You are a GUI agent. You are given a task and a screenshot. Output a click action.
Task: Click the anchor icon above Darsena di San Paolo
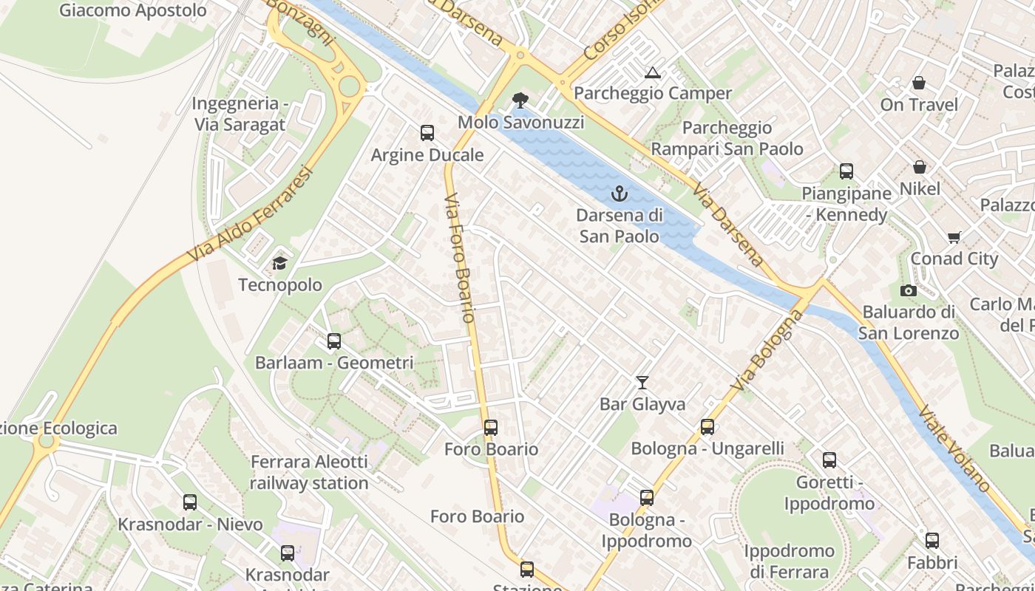coord(620,194)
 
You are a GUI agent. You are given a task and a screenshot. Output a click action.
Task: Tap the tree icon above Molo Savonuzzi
coord(520,100)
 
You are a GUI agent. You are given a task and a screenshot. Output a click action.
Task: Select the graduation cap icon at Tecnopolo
coord(279,263)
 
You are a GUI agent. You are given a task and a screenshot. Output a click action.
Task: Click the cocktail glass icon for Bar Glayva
coord(642,382)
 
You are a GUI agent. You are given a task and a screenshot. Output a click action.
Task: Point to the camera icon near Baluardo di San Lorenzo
coord(909,290)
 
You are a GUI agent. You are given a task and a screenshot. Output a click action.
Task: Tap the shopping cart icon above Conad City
coord(954,237)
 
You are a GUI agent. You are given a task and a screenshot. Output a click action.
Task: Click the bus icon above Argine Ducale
coord(427,133)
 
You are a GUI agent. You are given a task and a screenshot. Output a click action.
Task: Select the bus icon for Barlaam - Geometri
coord(334,341)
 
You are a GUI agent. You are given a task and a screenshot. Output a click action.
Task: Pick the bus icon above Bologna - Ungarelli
coord(707,426)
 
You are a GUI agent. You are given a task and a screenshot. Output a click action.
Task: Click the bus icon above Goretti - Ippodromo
coord(829,460)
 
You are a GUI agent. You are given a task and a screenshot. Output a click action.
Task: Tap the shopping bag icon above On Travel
coord(918,83)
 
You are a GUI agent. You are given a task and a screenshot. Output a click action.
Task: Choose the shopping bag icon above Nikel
coord(920,168)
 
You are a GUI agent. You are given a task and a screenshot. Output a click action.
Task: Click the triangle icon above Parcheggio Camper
coord(652,72)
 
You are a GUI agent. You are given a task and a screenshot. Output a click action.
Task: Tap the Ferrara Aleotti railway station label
coord(309,473)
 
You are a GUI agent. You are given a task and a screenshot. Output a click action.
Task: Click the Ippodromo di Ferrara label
coord(789,561)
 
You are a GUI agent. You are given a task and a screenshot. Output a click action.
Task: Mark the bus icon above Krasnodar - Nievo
coord(190,502)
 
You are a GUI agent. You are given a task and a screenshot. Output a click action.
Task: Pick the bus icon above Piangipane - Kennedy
coord(846,171)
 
